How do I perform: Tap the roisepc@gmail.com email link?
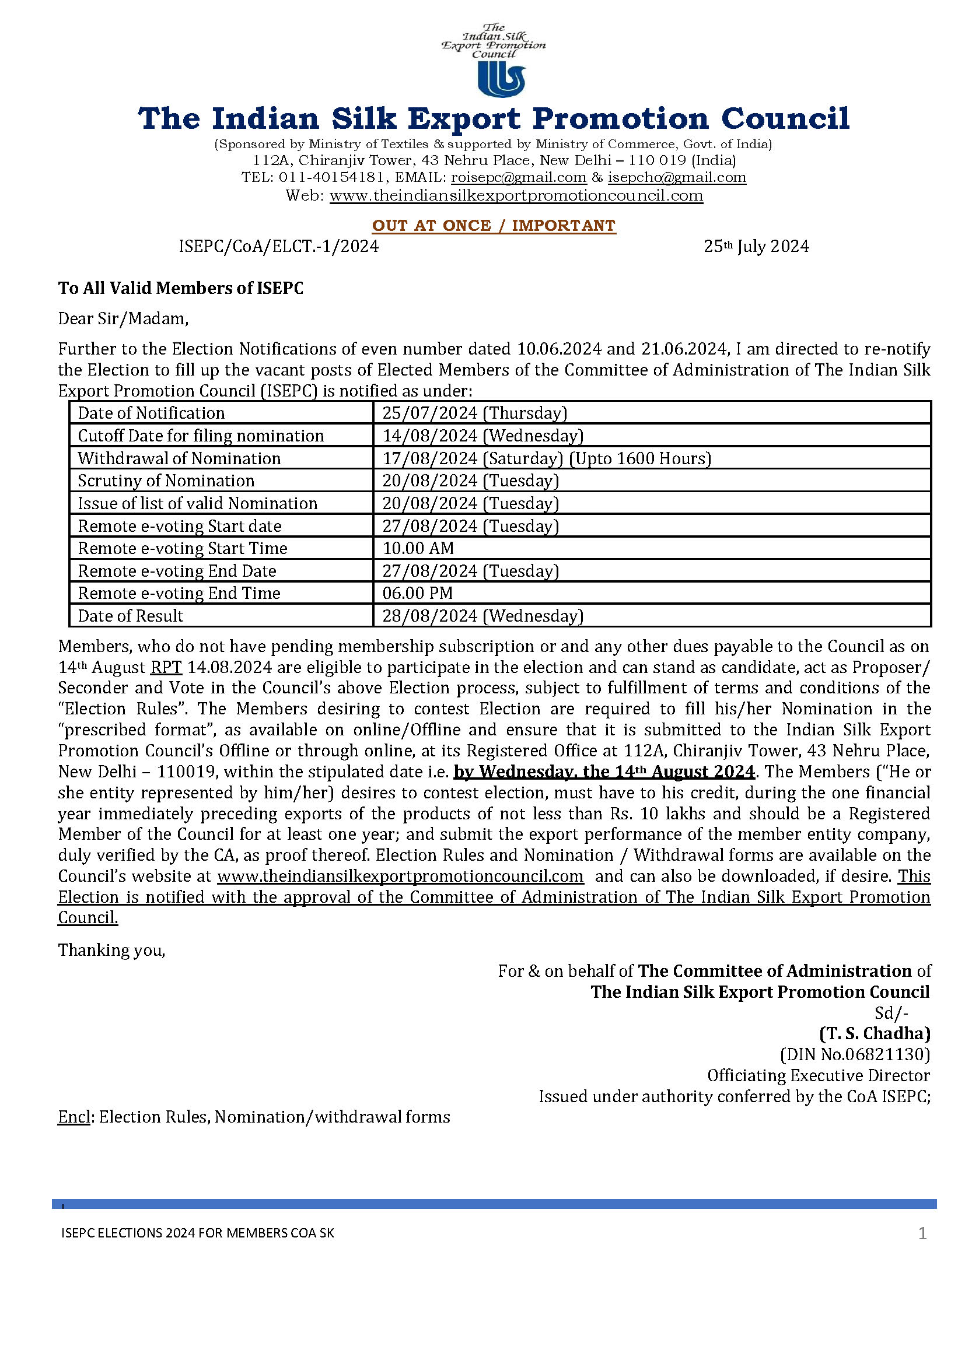pos(518,177)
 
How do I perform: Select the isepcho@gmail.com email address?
pos(677,177)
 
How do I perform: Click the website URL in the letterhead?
pos(516,195)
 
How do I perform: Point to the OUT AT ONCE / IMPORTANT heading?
pos(494,226)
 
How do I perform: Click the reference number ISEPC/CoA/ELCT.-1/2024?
pos(279,246)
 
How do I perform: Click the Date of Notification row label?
pos(151,413)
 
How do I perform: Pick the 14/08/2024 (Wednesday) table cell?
pos(482,436)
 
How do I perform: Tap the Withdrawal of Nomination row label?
pos(179,458)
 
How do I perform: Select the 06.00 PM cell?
pos(417,593)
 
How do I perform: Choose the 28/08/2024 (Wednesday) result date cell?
pos(482,615)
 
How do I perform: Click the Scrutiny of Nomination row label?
pos(166,481)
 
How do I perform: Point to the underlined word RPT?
pos(166,667)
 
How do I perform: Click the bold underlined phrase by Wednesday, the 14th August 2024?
pos(604,772)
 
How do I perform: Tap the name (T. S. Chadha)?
pos(875,1033)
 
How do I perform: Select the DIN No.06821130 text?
pos(855,1054)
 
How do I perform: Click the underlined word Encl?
pos(74,1117)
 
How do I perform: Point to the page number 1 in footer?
pos(922,1233)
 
